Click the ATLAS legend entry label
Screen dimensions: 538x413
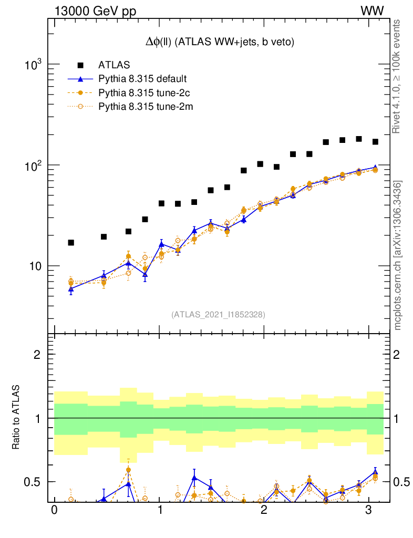(x=114, y=65)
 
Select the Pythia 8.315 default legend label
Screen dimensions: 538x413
(x=142, y=79)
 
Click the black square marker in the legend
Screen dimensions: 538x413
(x=80, y=65)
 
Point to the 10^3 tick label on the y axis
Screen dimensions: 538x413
(x=35, y=65)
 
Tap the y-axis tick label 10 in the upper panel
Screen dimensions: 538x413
(x=37, y=266)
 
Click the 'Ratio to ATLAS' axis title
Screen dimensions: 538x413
(x=16, y=418)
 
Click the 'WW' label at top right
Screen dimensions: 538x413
(x=371, y=11)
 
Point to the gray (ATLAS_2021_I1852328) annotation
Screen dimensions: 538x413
(x=218, y=315)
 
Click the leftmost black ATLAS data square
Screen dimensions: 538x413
(x=71, y=243)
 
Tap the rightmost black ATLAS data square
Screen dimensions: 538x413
(x=375, y=142)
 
